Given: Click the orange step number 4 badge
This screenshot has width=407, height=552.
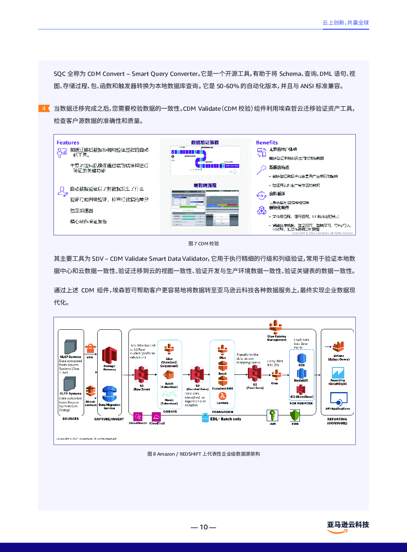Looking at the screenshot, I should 44,108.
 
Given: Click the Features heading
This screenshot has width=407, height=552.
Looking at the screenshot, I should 68,143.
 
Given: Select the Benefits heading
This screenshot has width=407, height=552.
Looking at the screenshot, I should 267,143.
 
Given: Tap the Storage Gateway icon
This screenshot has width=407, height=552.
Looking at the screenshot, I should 109,355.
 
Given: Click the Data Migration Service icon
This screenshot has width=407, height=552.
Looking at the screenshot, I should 109,394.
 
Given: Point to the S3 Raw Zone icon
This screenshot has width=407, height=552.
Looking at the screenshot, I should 142,374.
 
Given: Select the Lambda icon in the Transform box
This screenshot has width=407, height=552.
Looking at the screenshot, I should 222,396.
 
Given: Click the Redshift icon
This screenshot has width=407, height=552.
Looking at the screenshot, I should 302,373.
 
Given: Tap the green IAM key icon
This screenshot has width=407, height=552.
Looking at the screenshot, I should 272,415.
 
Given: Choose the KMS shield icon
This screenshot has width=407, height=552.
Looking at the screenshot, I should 295,416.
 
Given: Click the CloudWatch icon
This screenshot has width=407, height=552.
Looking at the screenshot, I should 138,416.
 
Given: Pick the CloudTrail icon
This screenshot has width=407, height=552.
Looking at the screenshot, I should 156,416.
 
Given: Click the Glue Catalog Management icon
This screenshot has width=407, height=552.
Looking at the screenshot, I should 276,327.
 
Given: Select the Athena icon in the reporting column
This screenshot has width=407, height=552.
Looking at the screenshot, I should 338,347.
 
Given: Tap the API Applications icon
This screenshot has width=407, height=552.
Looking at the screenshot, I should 338,399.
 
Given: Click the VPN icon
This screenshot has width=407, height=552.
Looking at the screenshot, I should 90,349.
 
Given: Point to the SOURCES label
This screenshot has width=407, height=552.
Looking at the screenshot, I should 71,419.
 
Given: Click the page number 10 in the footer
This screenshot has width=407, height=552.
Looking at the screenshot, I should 203,527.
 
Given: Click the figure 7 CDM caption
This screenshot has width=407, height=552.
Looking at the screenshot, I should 203,244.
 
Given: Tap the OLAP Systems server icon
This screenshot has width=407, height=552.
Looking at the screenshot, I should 71,347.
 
